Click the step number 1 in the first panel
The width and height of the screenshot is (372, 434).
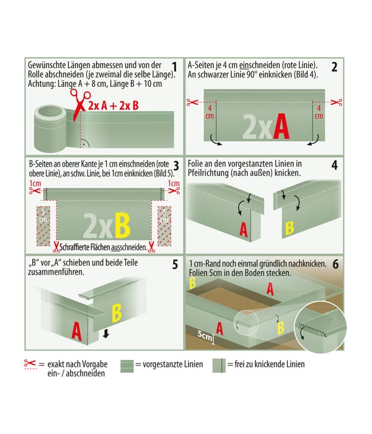(174, 67)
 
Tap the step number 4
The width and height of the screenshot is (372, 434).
(335, 166)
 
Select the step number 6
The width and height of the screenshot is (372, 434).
(335, 264)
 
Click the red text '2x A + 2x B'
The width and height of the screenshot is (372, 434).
(113, 105)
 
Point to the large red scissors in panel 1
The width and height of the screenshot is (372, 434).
(79, 104)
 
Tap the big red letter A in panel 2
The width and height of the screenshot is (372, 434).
(281, 126)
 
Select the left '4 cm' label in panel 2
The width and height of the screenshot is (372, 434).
(210, 112)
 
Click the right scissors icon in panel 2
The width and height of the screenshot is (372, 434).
(337, 102)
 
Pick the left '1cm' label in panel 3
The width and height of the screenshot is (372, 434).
(35, 184)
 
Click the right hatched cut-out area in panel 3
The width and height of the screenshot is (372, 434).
(164, 226)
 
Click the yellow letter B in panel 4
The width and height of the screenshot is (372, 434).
(290, 228)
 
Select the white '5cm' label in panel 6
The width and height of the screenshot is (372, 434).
(205, 335)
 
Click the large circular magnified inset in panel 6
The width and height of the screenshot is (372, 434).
(320, 326)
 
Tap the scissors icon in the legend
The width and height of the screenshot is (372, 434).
(30, 363)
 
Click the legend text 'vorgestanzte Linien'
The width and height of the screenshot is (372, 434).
(173, 365)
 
